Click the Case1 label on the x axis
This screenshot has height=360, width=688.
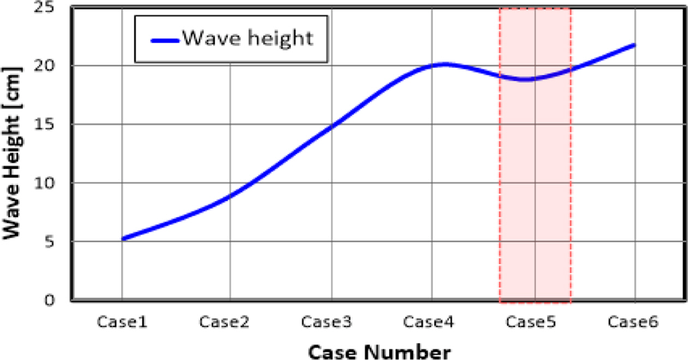pyautogui.click(x=122, y=322)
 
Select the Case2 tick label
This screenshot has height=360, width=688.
pyautogui.click(x=224, y=322)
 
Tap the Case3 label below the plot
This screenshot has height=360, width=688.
pyautogui.click(x=327, y=322)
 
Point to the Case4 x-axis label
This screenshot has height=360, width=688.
pyautogui.click(x=429, y=322)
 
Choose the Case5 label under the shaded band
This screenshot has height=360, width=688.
pyautogui.click(x=531, y=322)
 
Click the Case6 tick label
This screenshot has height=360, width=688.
pyautogui.click(x=633, y=322)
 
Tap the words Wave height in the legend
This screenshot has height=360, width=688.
pyautogui.click(x=247, y=38)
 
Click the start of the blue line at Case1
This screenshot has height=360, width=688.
pyautogui.click(x=123, y=239)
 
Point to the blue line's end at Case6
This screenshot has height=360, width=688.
pyautogui.click(x=634, y=45)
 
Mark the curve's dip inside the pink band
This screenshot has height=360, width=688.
pyautogui.click(x=525, y=80)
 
